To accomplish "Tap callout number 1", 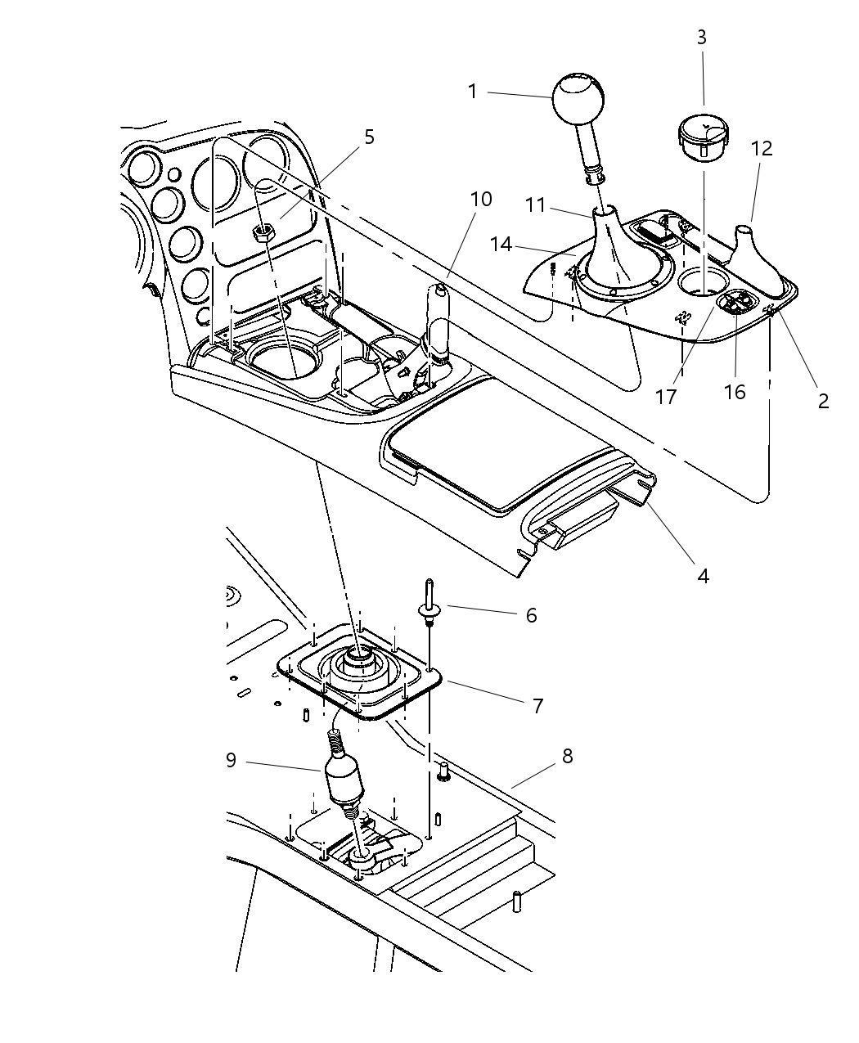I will pyautogui.click(x=472, y=92).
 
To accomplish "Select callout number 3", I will pyautogui.click(x=702, y=38).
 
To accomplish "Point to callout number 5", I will pyautogui.click(x=370, y=137).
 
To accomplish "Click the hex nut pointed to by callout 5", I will pyautogui.click(x=263, y=233).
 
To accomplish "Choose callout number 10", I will pyautogui.click(x=481, y=199).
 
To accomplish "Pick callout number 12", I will pyautogui.click(x=762, y=149).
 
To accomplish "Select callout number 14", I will pyautogui.click(x=501, y=243).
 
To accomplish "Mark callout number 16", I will pyautogui.click(x=735, y=392).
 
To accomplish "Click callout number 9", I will pyautogui.click(x=231, y=760).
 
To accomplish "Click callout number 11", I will pyautogui.click(x=536, y=205).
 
